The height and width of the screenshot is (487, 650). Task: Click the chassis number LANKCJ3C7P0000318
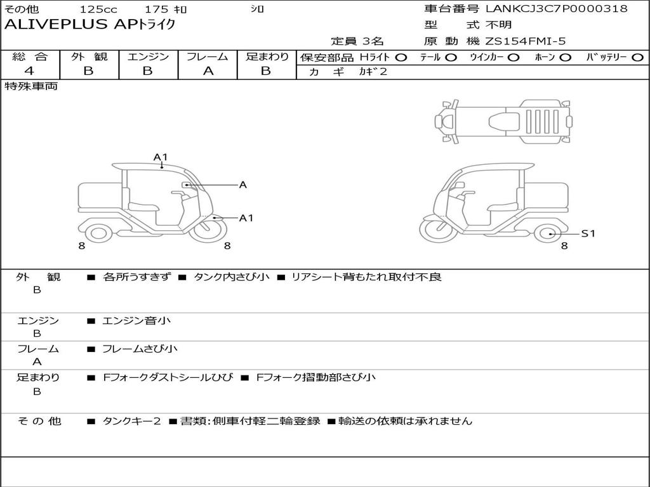(557, 8)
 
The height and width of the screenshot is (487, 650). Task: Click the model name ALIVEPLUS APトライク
(90, 25)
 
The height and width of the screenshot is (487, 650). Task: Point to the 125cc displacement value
(98, 9)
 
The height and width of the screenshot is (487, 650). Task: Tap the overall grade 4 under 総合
(29, 71)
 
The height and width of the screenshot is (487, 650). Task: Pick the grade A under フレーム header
(208, 71)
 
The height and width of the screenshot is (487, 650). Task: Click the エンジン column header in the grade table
(148, 56)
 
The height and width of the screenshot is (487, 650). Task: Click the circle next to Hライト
(401, 58)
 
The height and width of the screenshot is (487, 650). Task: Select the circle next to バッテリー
(637, 58)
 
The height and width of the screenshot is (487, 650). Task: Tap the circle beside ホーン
(565, 58)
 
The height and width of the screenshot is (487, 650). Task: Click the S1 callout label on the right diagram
(588, 233)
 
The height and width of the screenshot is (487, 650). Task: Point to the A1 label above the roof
(161, 157)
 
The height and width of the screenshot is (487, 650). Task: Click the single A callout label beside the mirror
(243, 185)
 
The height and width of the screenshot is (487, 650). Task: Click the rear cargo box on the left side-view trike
(100, 196)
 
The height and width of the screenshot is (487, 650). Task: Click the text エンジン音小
(136, 320)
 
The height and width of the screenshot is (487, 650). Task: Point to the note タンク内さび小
(231, 276)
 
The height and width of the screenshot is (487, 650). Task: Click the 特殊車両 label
(30, 86)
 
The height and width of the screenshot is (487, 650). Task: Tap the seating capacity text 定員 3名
(357, 41)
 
